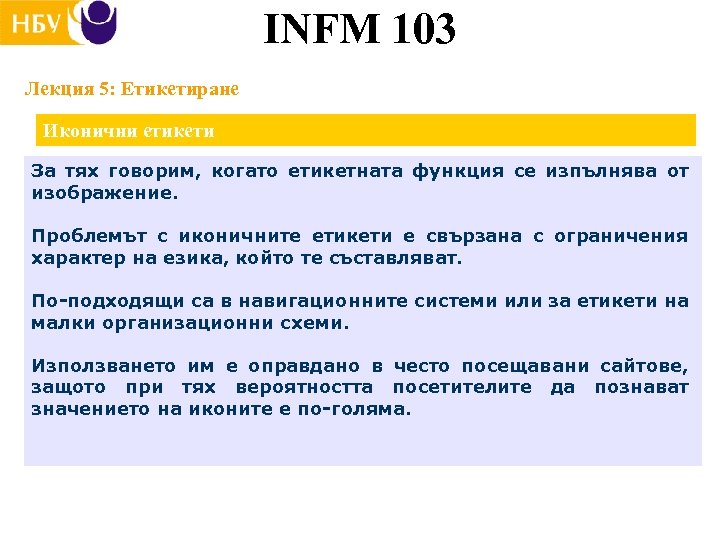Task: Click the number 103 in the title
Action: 411,29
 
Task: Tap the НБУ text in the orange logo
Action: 36,22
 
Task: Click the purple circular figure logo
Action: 98,22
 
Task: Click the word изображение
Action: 104,193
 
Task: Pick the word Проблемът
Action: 83,237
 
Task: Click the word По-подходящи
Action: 96,302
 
